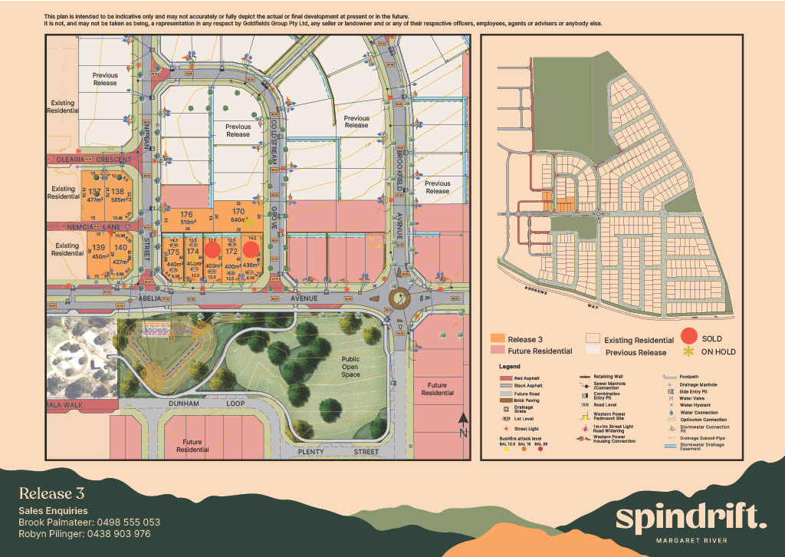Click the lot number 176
tap(186, 214)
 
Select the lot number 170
tap(238, 211)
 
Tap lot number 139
tap(98, 247)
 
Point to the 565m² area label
tap(118, 199)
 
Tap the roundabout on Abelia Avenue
tap(399, 297)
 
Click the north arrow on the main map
tap(462, 424)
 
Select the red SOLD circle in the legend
tap(691, 338)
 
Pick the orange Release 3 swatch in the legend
tap(496, 338)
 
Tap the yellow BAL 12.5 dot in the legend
tap(507, 448)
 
